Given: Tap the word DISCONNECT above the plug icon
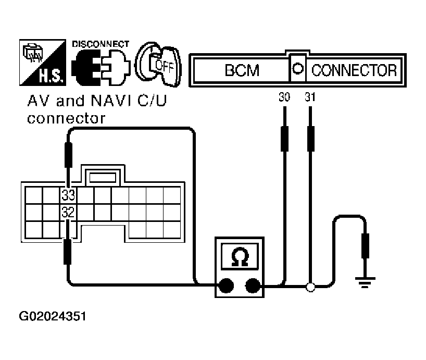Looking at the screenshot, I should pyautogui.click(x=100, y=44).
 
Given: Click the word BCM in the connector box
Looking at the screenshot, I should pyautogui.click(x=242, y=70).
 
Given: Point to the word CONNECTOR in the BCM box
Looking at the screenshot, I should pyautogui.click(x=354, y=70).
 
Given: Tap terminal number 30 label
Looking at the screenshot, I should pyautogui.click(x=284, y=97).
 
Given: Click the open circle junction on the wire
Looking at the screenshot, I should pyautogui.click(x=310, y=286).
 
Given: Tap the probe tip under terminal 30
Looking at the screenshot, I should pyautogui.click(x=284, y=138).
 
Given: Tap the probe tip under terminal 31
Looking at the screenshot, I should pyautogui.click(x=310, y=138).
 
